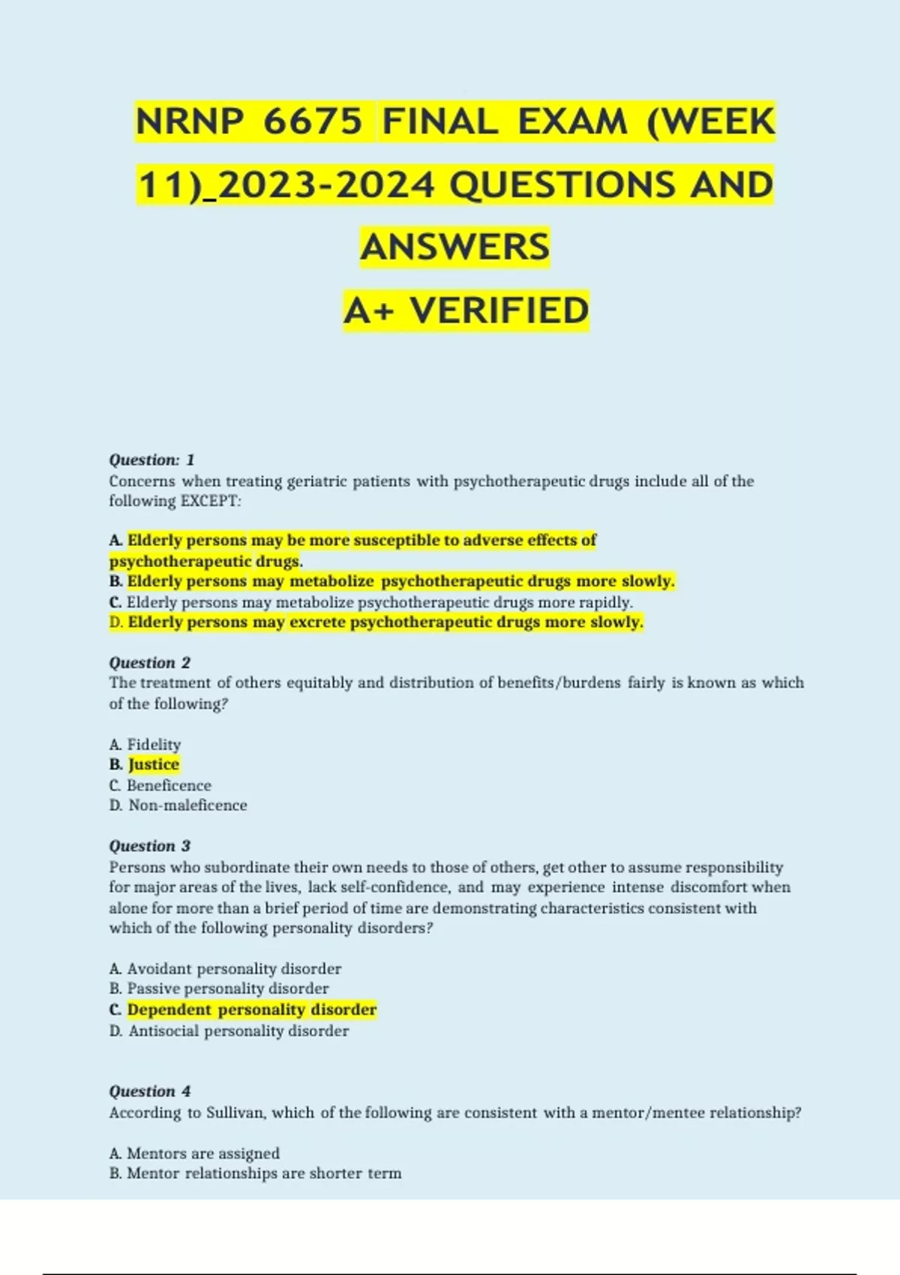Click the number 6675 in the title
point(313,121)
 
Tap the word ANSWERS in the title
point(455,247)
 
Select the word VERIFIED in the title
point(499,310)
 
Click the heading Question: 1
point(151,460)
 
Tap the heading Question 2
point(150,663)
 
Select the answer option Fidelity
point(154,745)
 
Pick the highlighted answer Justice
point(154,765)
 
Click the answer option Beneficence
point(169,785)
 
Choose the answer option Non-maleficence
point(187,805)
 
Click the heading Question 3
point(150,846)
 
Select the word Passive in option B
point(153,988)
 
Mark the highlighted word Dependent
point(169,1009)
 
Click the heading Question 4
point(150,1091)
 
